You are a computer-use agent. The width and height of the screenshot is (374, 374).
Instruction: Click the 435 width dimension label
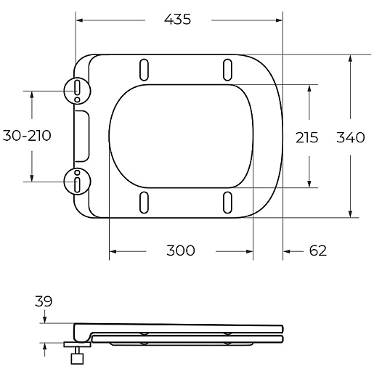pyautogui.click(x=177, y=19)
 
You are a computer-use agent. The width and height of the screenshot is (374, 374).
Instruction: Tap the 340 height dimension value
pyautogui.click(x=350, y=137)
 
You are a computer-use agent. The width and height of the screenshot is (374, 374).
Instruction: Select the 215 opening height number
pyautogui.click(x=306, y=137)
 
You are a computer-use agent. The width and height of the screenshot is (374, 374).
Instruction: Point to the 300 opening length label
pyautogui.click(x=181, y=251)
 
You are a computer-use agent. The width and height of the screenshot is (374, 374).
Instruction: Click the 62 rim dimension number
pyautogui.click(x=318, y=251)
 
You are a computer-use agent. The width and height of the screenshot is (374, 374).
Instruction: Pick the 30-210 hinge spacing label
pyautogui.click(x=27, y=135)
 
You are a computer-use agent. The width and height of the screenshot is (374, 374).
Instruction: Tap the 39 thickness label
pyautogui.click(x=44, y=301)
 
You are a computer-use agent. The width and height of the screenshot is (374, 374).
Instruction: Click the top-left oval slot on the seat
pyautogui.click(x=144, y=70)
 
